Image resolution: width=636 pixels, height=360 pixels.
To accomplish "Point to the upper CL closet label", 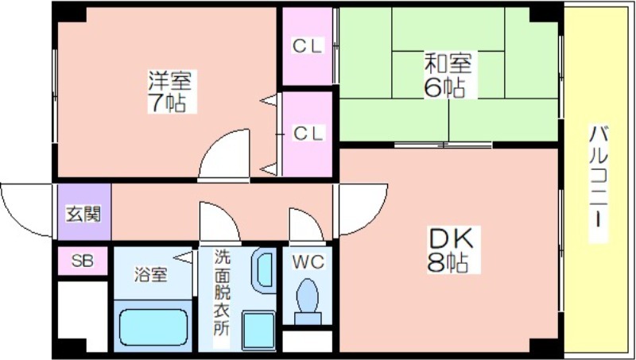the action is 308,46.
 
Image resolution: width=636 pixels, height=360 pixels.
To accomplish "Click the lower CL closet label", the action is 308,133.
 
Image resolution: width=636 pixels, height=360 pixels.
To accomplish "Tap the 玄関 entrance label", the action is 83,214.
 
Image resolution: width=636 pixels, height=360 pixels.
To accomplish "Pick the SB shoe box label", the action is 83,261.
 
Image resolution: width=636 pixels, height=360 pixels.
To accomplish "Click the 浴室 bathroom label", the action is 150,276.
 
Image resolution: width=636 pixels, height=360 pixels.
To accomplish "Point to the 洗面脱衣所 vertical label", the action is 222,292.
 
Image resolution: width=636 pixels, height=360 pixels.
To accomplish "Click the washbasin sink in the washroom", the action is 264,270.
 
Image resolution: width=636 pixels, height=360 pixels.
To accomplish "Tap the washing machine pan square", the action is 258,331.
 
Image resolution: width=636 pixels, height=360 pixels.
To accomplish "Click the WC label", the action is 308,261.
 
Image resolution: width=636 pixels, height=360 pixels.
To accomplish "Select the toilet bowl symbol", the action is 308,301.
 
